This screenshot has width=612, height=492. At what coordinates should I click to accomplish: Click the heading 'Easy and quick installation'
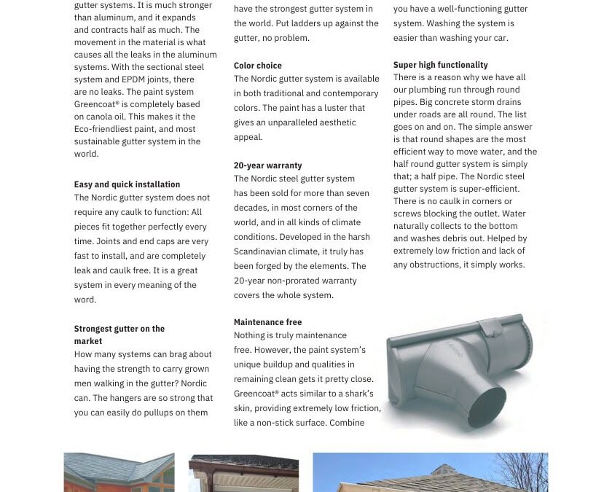tap(127, 184)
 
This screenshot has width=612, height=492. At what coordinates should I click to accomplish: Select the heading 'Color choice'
tap(258, 66)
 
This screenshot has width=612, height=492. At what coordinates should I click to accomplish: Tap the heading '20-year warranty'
tap(267, 165)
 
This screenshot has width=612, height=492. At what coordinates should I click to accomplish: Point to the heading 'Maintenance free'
tap(267, 322)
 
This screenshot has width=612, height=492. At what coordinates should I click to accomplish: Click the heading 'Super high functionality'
tap(441, 65)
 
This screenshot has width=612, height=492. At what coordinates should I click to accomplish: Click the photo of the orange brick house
tap(119, 472)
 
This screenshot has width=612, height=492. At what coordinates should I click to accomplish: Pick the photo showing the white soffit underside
tap(243, 474)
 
